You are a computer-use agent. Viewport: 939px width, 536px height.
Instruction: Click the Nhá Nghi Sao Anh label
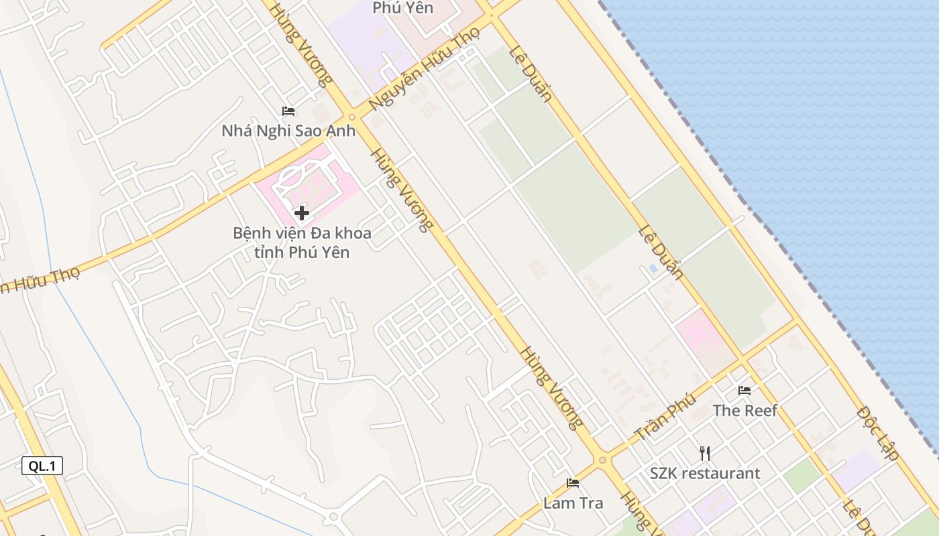pos(288,131)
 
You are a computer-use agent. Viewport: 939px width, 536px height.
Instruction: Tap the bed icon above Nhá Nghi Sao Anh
pos(288,111)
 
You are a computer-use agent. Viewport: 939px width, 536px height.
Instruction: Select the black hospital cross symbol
pos(302,214)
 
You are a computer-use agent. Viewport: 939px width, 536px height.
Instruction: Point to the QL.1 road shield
pos(42,466)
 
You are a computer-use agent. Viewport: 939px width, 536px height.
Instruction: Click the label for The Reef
pos(744,410)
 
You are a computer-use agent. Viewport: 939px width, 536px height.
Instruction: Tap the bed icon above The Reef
pos(744,390)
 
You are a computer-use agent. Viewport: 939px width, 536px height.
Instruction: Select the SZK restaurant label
pos(705,473)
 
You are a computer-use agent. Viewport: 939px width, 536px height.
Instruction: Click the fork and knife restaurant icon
pos(704,454)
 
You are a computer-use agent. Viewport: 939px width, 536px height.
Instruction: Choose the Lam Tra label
pos(573,503)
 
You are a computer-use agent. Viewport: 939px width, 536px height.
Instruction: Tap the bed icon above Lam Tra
pos(573,482)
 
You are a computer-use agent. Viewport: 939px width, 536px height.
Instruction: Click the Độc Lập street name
pos(879,433)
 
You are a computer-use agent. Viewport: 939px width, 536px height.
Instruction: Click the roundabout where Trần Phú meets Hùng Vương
pos(602,460)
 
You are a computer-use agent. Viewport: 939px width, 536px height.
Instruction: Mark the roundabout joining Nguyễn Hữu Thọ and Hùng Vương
pos(351,117)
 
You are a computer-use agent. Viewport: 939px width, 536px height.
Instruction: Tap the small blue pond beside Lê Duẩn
pos(653,268)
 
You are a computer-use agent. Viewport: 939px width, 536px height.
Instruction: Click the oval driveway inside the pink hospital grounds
pos(295,177)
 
